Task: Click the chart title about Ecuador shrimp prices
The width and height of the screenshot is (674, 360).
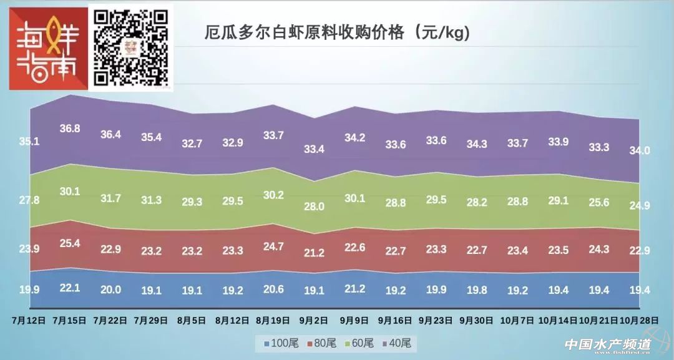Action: (337, 32)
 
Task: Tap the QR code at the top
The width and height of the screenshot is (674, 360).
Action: (131, 47)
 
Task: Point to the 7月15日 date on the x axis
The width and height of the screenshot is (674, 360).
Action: (69, 321)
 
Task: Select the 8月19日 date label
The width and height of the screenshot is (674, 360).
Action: (272, 321)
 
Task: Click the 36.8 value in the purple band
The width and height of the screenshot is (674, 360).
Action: (69, 129)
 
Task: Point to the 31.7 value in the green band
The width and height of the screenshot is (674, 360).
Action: (110, 198)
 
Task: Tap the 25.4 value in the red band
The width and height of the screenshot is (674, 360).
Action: (69, 244)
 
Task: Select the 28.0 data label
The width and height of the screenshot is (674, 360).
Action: (313, 207)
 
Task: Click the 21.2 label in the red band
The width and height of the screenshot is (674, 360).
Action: (313, 253)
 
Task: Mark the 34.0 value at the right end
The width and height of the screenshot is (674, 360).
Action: (638, 150)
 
